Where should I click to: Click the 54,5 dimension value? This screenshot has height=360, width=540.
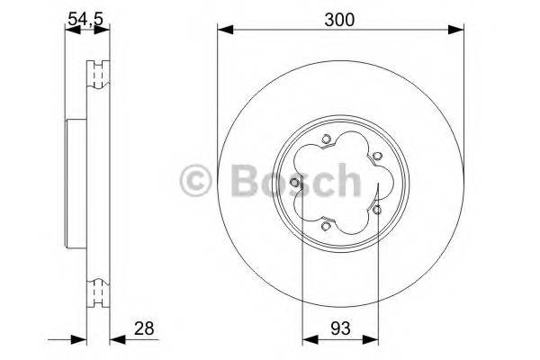86,14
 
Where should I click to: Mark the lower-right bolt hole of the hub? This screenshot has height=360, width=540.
377,210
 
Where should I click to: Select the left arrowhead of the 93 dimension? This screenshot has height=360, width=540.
307,340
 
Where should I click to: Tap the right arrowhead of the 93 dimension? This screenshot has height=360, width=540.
375,340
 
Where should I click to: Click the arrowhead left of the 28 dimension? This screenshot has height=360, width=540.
79,340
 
